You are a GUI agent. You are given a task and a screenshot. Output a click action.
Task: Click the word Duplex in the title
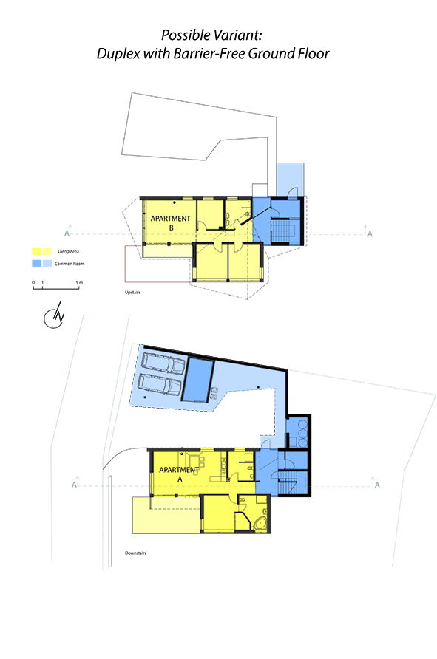click(118, 54)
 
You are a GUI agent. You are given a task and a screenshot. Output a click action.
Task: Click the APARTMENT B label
click(170, 223)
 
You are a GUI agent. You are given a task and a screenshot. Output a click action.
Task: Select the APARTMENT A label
click(179, 474)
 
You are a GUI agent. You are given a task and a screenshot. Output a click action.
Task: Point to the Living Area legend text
click(68, 251)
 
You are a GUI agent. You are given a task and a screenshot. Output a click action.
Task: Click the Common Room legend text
click(70, 264)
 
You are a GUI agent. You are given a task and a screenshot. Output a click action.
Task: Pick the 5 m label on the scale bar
click(80, 283)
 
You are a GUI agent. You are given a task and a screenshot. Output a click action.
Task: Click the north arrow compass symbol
click(54, 315)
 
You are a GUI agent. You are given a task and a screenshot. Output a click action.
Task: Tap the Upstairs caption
click(132, 292)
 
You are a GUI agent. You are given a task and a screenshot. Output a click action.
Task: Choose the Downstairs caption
click(135, 553)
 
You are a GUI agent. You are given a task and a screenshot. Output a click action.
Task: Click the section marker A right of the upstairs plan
click(370, 234)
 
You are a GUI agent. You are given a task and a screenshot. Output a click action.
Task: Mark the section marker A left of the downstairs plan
click(75, 485)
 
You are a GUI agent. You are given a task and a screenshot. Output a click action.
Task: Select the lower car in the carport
click(160, 385)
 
